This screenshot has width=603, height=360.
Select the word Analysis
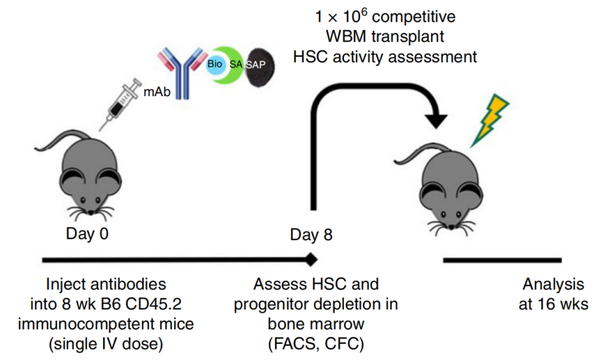[553, 285]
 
